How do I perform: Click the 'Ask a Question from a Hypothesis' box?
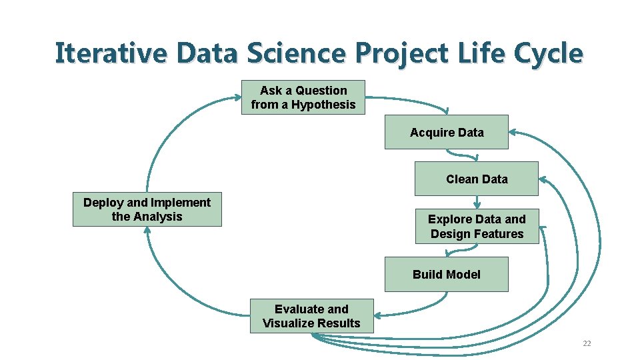[x=303, y=97]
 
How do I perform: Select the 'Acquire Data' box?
[x=447, y=132]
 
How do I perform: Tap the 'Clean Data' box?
[x=476, y=179]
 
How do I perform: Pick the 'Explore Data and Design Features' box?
[x=476, y=227]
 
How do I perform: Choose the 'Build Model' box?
[x=446, y=274]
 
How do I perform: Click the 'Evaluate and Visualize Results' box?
[x=311, y=316]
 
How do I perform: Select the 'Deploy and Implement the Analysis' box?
[x=147, y=209]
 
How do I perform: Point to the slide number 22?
[x=587, y=343]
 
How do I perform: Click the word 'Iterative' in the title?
[x=110, y=53]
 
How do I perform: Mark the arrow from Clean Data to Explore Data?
[x=477, y=201]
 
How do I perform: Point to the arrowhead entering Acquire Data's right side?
[x=513, y=133]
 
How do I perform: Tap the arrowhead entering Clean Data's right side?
[x=543, y=179]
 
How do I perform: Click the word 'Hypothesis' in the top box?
[x=323, y=105]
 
